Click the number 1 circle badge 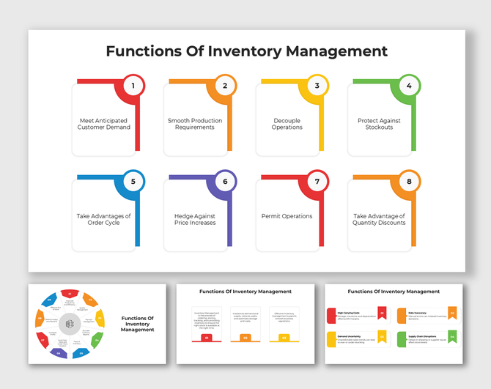tap(133, 86)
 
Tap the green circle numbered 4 tap(409, 86)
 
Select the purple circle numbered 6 tap(225, 182)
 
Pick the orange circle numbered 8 tap(409, 182)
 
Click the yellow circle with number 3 tap(317, 86)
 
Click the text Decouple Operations tap(287, 124)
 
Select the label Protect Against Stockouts tap(379, 124)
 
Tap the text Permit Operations tap(287, 216)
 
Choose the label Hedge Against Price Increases tap(195, 219)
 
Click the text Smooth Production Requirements tap(195, 124)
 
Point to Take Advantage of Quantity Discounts tap(379, 219)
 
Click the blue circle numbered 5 tap(133, 182)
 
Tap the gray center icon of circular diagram tap(70, 324)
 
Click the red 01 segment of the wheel tap(70, 294)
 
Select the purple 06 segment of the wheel tap(59, 352)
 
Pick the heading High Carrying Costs tap(350, 311)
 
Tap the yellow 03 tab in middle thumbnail tap(283, 338)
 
